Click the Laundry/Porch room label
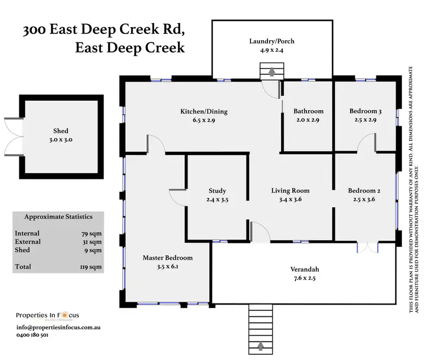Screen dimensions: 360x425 pyautogui.click(x=271, y=41)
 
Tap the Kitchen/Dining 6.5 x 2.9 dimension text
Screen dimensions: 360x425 pyautogui.click(x=198, y=120)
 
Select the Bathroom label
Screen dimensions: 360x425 pyautogui.click(x=308, y=112)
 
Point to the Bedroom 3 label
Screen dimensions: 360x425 pyautogui.click(x=365, y=112)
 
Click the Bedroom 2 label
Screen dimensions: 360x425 pyautogui.click(x=364, y=191)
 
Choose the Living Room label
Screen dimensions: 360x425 pyautogui.click(x=290, y=191)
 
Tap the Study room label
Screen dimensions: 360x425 pyautogui.click(x=217, y=191)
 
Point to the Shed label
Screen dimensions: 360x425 pyautogui.click(x=61, y=131)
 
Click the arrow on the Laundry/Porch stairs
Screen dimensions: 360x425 pyautogui.click(x=271, y=72)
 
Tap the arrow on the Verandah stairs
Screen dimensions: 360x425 pyautogui.click(x=261, y=345)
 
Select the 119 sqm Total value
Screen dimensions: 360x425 pyautogui.click(x=91, y=267)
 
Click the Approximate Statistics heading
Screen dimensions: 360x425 pyautogui.click(x=59, y=217)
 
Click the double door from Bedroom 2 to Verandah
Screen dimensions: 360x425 pyautogui.click(x=367, y=247)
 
